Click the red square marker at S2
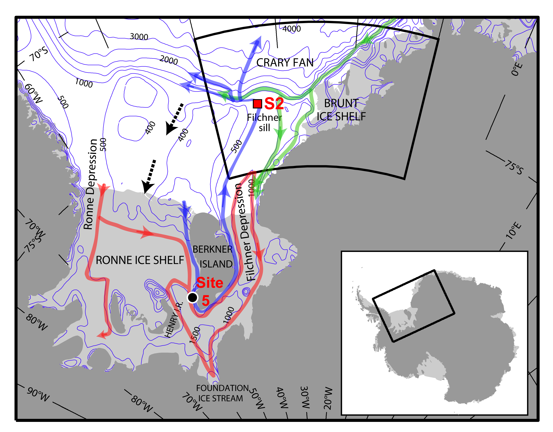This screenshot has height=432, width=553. coord(257,103)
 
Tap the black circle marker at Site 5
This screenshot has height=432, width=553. coord(192,297)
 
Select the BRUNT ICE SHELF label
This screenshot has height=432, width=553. coord(341,110)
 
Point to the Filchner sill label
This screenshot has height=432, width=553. coord(264,123)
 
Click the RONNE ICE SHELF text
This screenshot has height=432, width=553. coord(140,260)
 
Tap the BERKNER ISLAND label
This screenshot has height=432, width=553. coord(213,257)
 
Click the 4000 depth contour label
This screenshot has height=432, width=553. coord(292,29)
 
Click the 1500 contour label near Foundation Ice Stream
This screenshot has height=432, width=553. coord(195,335)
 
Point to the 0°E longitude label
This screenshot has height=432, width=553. coord(516,69)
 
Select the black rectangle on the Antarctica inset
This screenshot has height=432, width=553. coord(413,306)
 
